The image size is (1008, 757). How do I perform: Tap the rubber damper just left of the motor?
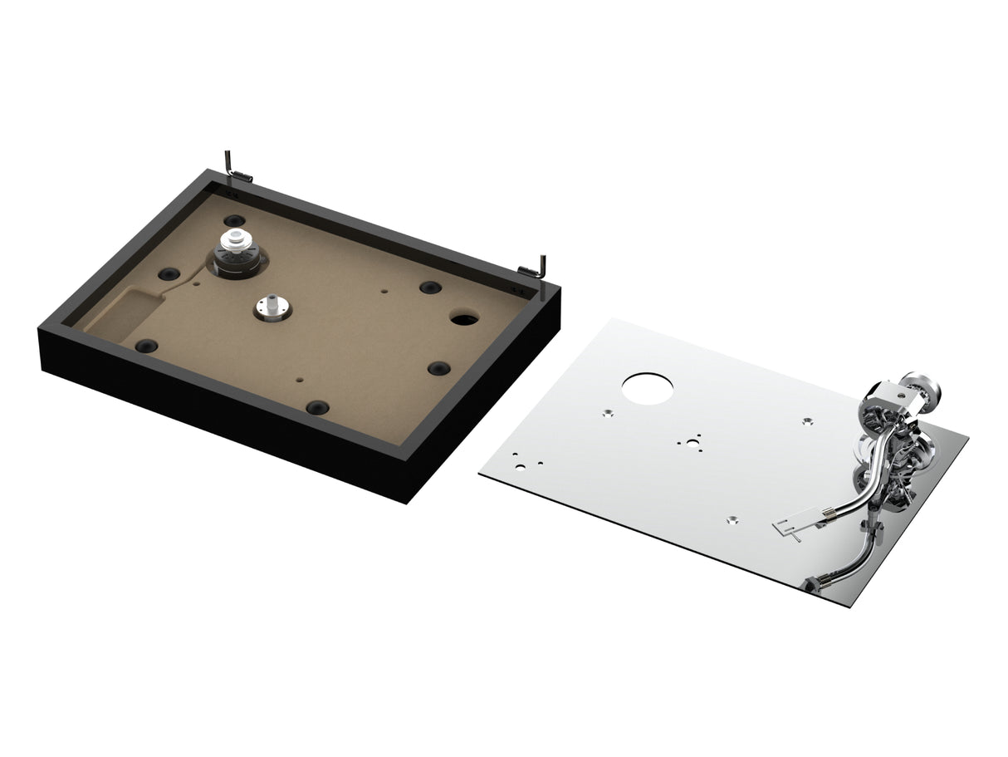(x=169, y=273)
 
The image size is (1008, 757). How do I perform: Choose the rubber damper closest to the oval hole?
(x=430, y=288)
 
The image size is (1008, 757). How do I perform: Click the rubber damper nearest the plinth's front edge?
(x=317, y=407)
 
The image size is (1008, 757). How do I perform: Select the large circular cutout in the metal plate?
(x=648, y=388)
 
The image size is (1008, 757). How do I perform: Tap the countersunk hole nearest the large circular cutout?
(x=608, y=414)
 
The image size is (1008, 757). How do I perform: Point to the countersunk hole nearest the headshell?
(x=732, y=521)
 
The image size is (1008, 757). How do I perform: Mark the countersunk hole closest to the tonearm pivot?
(x=807, y=421)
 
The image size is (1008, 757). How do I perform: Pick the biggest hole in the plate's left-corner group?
(x=520, y=466)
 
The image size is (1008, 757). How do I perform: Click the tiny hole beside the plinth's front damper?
(x=300, y=381)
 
